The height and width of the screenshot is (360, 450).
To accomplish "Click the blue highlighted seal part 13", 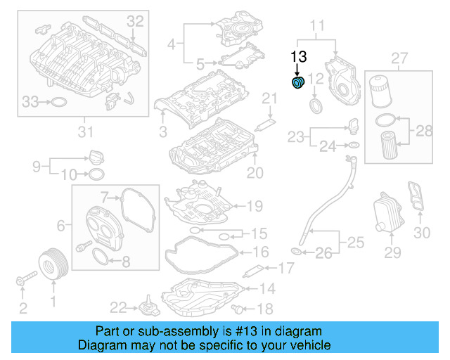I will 297,84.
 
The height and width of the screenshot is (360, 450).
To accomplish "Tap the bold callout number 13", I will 299,56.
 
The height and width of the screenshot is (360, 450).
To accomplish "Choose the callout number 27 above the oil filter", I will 399,57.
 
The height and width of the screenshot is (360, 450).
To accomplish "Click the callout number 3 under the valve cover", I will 162,131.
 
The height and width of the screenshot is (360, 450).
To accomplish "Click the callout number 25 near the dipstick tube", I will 356,243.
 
